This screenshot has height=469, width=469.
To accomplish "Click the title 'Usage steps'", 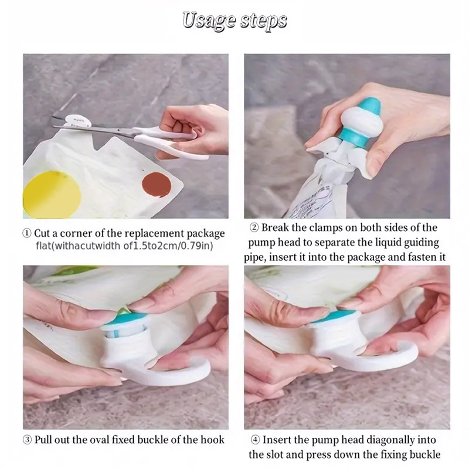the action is (x=235, y=21).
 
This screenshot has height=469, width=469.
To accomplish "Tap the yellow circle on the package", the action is (x=52, y=195).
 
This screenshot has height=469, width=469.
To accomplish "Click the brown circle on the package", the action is (x=157, y=185).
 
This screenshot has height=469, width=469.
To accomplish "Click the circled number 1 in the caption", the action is (x=27, y=233).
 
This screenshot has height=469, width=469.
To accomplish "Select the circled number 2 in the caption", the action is (x=254, y=227).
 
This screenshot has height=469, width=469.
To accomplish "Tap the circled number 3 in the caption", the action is (x=27, y=440).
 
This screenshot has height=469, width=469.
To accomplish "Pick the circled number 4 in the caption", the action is (x=255, y=440).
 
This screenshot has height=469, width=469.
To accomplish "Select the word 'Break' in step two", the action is (x=275, y=227).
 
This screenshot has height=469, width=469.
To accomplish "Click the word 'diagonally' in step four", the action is (x=390, y=440).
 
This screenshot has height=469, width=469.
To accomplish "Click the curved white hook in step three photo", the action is (x=179, y=378).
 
